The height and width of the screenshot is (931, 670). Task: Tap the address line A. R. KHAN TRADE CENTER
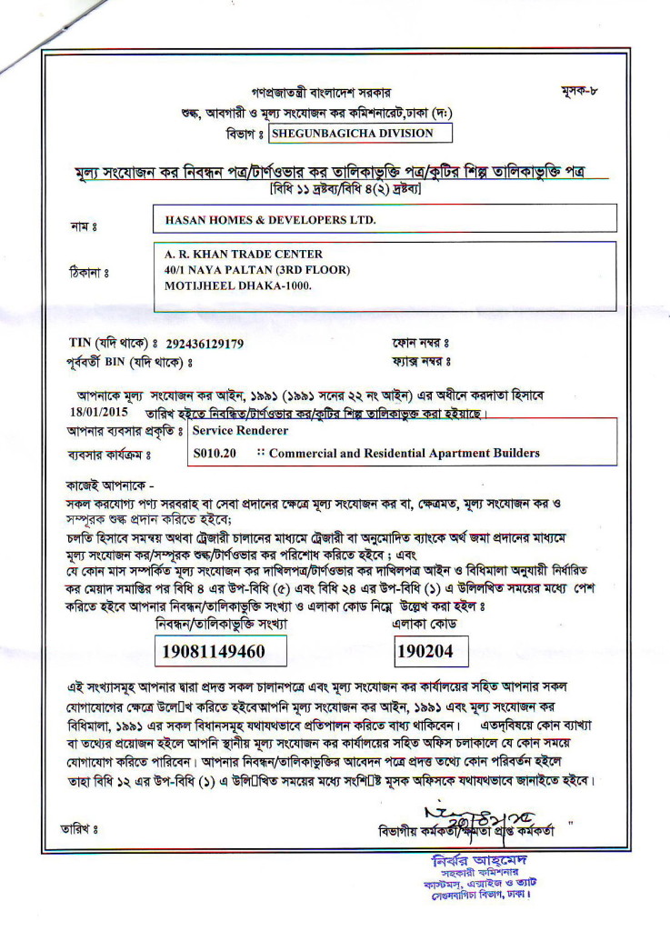243,254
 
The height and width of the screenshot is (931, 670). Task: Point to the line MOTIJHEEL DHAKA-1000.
237,285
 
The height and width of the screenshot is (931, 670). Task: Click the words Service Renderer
240,430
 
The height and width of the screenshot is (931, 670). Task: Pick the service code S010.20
215,453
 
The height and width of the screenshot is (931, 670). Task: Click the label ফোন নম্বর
420,344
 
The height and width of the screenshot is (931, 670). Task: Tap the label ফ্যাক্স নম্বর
422,362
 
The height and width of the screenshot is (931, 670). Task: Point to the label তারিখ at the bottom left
78,829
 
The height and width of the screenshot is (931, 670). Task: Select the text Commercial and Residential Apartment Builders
405,453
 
